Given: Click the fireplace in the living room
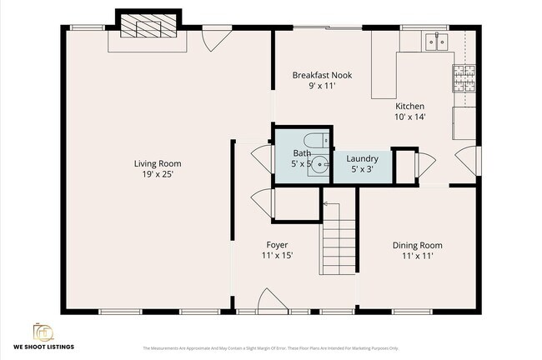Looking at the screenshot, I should click(147, 27).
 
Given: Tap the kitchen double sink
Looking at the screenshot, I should click(435, 40).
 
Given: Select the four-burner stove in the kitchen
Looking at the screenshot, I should click(463, 78).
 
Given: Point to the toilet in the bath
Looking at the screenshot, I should click(314, 140).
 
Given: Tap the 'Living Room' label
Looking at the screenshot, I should click(158, 163).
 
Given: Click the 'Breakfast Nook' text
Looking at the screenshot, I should click(322, 75).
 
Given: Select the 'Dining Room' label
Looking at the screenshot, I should click(417, 245).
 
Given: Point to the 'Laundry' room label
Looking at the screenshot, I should click(363, 157).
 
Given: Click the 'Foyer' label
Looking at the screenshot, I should click(277, 245).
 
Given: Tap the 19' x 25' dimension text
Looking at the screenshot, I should click(158, 175).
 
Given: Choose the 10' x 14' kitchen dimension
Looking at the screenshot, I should click(409, 117).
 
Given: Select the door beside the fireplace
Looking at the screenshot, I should click(216, 37).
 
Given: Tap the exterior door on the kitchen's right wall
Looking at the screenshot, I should click(469, 160).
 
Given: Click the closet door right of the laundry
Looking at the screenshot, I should click(424, 164).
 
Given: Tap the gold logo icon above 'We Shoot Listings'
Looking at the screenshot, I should click(43, 331).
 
